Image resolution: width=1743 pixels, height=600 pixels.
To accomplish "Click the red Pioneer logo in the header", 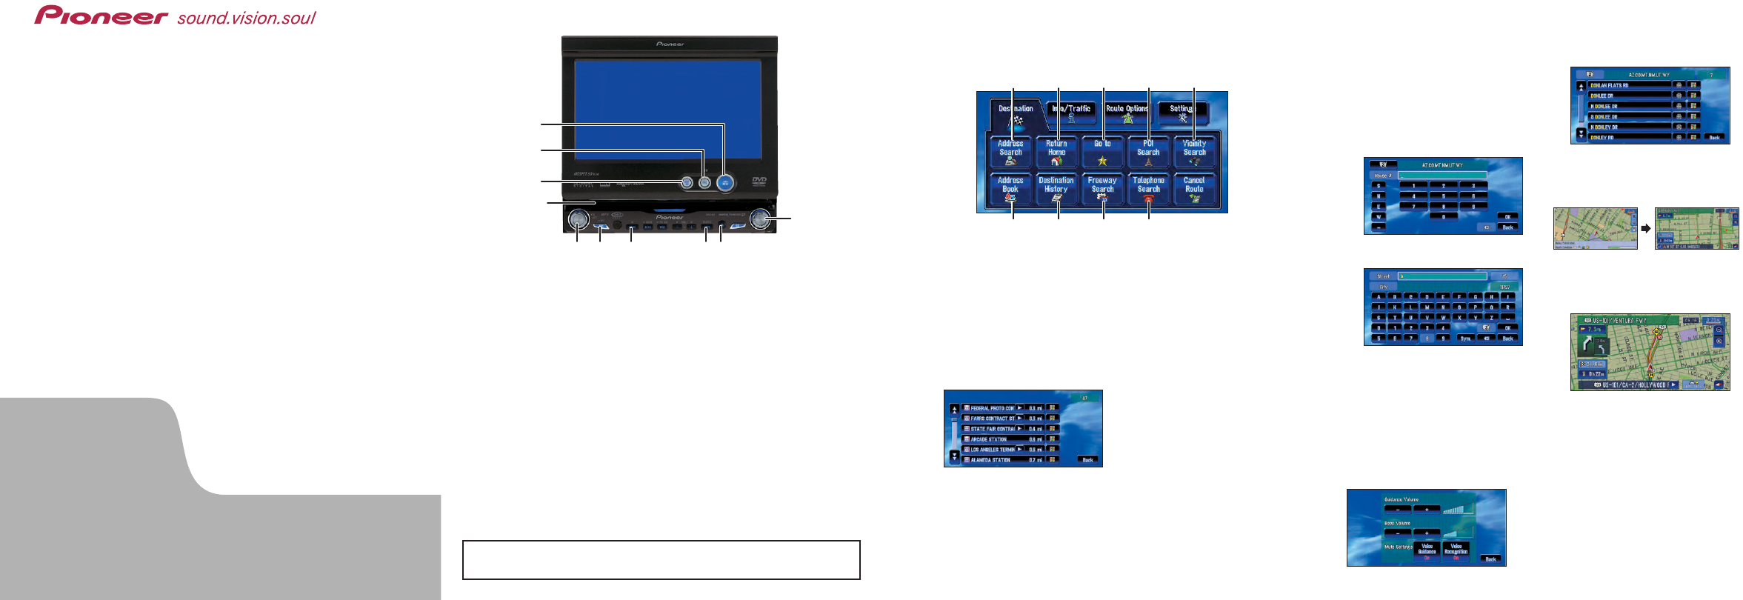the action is coord(101,16).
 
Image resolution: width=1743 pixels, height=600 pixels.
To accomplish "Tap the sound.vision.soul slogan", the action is coord(246,18).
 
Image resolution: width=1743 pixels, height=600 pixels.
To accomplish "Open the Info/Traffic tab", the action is coord(1071,112).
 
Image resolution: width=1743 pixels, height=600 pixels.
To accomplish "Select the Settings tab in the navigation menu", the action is coord(1182,112).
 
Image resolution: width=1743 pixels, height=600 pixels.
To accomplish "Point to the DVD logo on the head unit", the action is coord(759,180).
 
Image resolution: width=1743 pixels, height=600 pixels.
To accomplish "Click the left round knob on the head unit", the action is coord(578,219).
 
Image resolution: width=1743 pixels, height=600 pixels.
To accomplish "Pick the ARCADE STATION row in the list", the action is coord(993,439).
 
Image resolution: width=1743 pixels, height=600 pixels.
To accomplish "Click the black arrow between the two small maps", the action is coord(1646,229).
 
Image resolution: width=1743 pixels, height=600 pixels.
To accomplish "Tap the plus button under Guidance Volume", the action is coord(1427,510).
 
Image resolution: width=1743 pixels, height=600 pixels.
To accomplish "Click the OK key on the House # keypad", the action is coord(1507,217).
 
